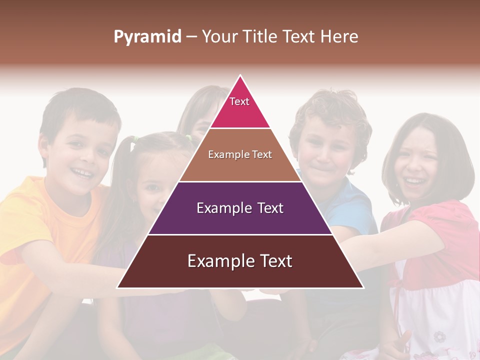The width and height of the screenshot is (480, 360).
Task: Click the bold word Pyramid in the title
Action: [147, 36]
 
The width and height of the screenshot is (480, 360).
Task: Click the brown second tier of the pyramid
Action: [210, 167]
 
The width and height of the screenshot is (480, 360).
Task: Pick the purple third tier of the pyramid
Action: [180, 220]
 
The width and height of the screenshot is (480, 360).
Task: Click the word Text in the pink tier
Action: [239, 101]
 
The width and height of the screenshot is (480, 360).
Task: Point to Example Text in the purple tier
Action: [240, 208]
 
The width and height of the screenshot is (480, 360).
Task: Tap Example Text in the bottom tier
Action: [240, 261]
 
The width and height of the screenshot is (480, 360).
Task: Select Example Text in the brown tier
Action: [240, 154]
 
